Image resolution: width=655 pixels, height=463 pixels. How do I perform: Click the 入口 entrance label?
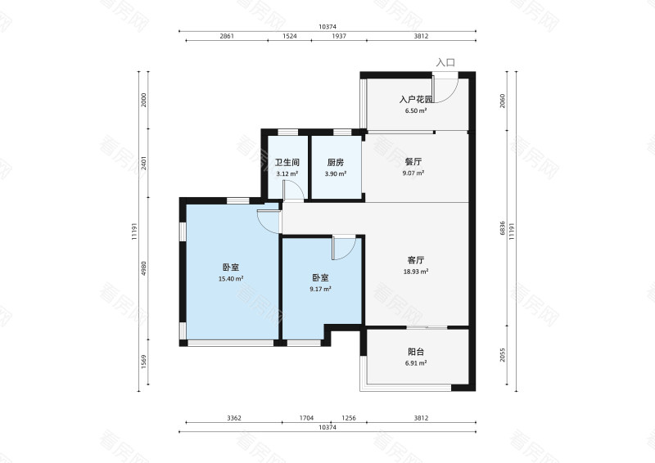coord(445,63)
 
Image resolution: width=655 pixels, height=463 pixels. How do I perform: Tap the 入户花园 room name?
coord(416,100)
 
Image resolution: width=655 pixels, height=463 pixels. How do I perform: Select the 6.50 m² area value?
coord(416,111)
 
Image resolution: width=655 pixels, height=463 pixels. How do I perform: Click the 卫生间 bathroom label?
coord(287,163)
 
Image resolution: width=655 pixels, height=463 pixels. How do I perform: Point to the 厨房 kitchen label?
coord(336,163)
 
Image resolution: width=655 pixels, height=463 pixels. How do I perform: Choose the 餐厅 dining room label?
coord(413,162)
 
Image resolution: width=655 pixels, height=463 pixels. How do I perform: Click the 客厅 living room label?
coord(416,260)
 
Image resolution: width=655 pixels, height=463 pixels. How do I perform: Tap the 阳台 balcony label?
coord(416,352)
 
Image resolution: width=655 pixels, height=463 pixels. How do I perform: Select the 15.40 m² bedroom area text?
coord(231,279)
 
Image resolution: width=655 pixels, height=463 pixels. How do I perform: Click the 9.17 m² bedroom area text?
coord(320,289)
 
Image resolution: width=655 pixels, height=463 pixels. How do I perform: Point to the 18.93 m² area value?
coord(416,272)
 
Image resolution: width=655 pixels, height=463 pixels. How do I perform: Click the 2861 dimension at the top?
coord(227,36)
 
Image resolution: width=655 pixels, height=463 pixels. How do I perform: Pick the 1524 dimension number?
coord(290,36)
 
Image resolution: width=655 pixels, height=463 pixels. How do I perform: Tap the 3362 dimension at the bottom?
coord(234,417)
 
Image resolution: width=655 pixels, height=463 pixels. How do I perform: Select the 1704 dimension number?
coord(306,417)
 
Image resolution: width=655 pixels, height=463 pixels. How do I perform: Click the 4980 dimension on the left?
coord(144,268)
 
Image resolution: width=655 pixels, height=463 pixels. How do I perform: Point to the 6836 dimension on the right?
coord(503,228)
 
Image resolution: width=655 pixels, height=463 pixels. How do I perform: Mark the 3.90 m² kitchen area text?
coord(336,173)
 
